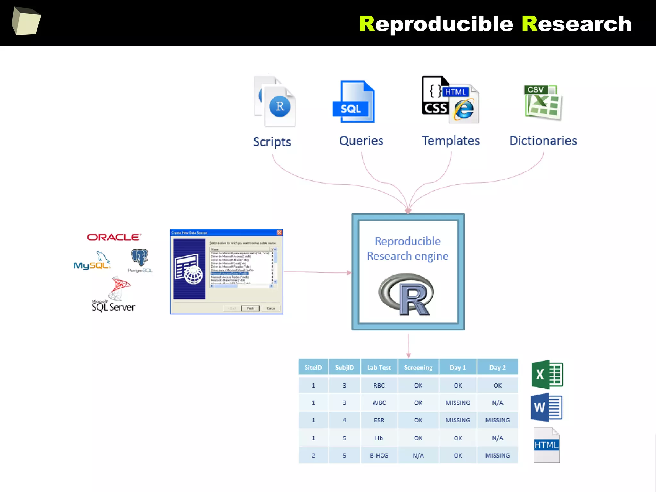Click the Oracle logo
[114, 237]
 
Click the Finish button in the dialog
[250, 308]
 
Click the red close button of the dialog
[279, 232]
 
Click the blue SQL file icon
[354, 102]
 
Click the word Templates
[450, 141]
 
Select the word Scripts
[272, 142]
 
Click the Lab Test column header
[379, 367]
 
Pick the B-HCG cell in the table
[379, 455]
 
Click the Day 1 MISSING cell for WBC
[458, 403]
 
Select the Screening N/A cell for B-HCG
[418, 455]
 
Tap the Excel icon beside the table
[547, 374]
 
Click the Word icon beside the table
[546, 407]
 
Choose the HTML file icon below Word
[546, 445]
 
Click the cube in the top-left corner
[26, 21]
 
